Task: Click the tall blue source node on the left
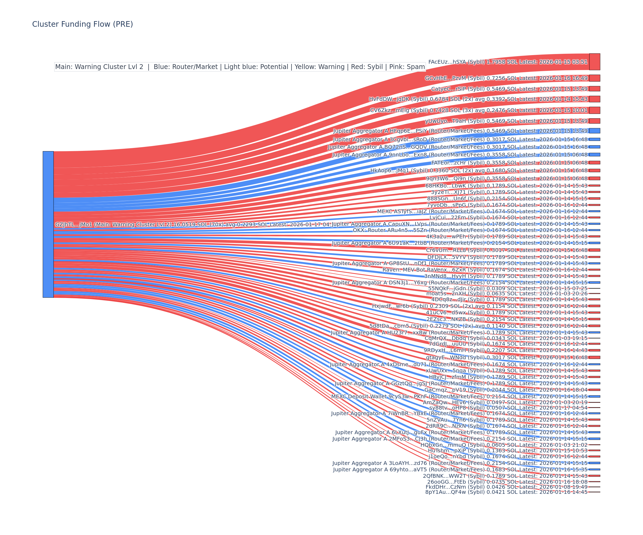pyautogui.click(x=48, y=224)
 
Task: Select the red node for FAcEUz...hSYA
pyautogui.click(x=594, y=62)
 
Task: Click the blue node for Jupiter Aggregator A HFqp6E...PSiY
pyautogui.click(x=594, y=131)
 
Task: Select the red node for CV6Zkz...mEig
pyautogui.click(x=594, y=110)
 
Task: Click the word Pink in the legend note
pyautogui.click(x=392, y=67)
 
